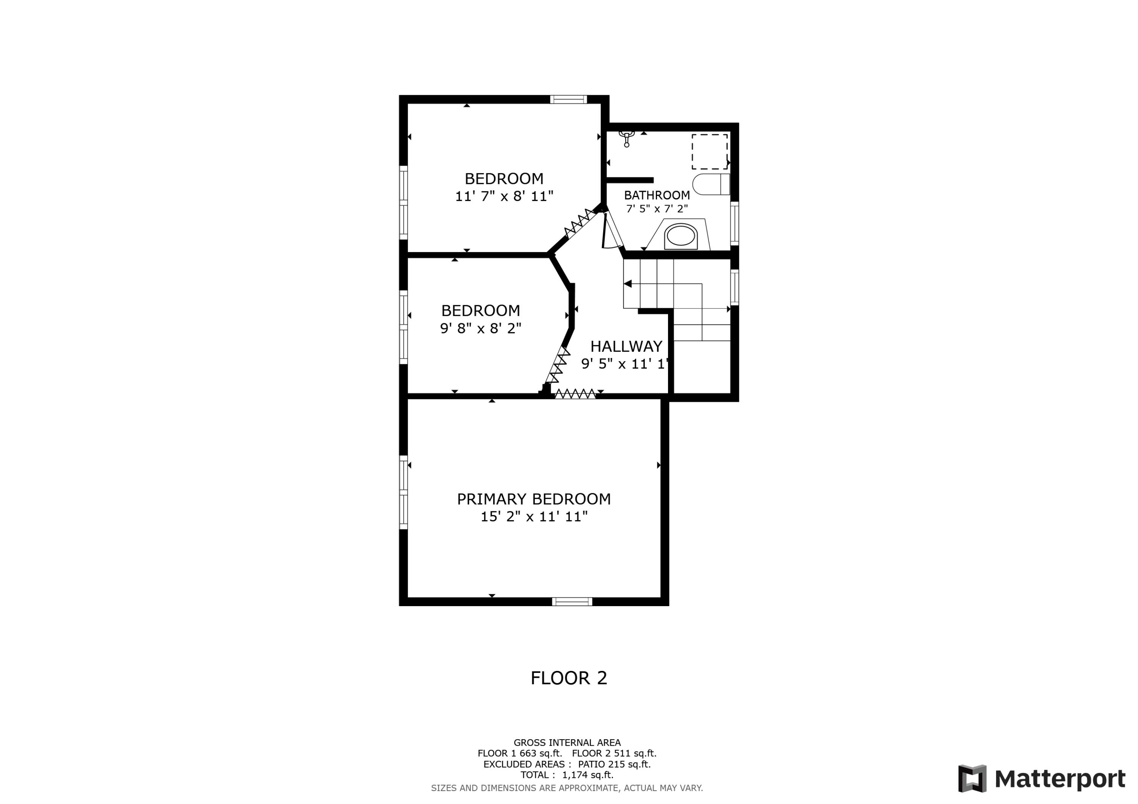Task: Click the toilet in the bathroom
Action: [711, 184]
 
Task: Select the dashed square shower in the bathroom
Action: [709, 152]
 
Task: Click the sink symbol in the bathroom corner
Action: [627, 137]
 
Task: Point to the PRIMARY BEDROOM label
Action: [534, 499]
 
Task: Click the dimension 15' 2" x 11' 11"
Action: [534, 517]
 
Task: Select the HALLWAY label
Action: [626, 346]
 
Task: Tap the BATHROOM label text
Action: [657, 195]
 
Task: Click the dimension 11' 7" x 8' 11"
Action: [504, 196]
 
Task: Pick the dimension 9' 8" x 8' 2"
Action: [481, 328]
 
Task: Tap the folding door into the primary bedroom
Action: [575, 394]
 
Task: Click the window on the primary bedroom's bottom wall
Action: [572, 602]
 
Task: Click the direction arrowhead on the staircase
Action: [627, 284]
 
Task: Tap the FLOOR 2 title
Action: [569, 678]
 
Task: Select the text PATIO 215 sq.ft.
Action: [614, 764]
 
